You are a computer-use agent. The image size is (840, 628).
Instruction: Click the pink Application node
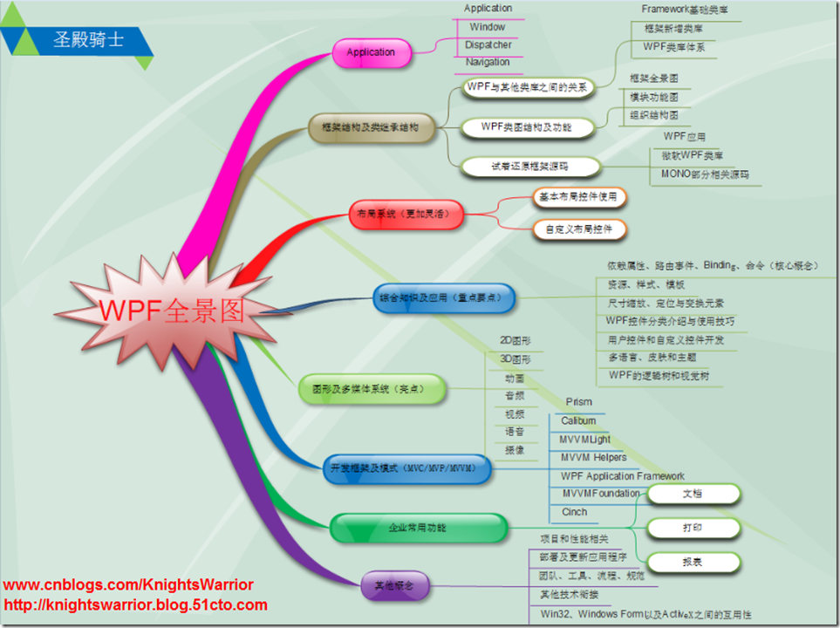371,52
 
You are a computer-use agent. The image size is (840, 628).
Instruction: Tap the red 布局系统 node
406,214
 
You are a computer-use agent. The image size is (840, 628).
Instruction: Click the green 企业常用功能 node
418,528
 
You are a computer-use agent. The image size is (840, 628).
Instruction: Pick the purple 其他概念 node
394,586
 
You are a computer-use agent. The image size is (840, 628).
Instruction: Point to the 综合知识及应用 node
444,298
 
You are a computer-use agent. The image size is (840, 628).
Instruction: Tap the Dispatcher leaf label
488,44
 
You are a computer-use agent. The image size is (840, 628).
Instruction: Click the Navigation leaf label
488,62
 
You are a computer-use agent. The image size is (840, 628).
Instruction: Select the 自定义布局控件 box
579,230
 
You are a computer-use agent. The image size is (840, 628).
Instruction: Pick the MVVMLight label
585,440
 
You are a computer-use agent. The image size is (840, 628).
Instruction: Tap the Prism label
578,402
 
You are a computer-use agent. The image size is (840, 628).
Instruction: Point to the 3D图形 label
515,359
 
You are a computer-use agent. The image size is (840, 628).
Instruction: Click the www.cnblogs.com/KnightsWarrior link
129,585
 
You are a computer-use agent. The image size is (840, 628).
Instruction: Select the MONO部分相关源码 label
705,174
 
